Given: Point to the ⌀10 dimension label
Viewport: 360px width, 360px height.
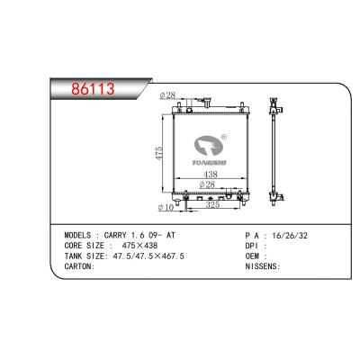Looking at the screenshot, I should click(x=166, y=208).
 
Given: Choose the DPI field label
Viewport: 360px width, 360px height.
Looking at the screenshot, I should click(x=252, y=246).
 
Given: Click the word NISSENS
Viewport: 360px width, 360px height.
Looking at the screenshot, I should click(x=262, y=267).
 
